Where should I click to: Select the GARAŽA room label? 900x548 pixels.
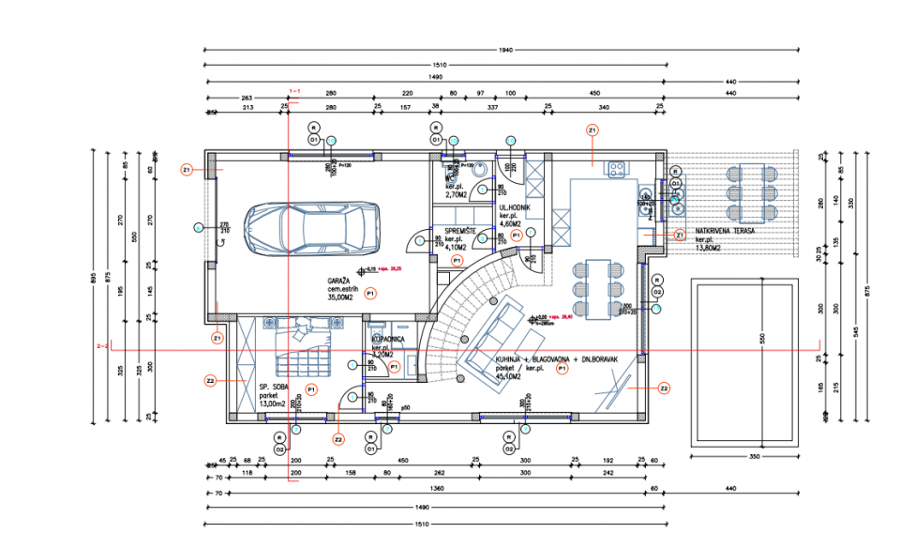(x=338, y=282)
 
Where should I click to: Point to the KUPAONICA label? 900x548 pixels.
(x=388, y=337)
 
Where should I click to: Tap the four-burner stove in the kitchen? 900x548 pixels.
(x=617, y=169)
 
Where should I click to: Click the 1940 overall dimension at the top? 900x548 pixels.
(x=506, y=49)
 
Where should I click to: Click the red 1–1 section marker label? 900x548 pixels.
(x=293, y=91)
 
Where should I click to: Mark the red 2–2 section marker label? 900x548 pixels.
(x=103, y=345)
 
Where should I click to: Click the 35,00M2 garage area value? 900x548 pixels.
(x=339, y=298)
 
